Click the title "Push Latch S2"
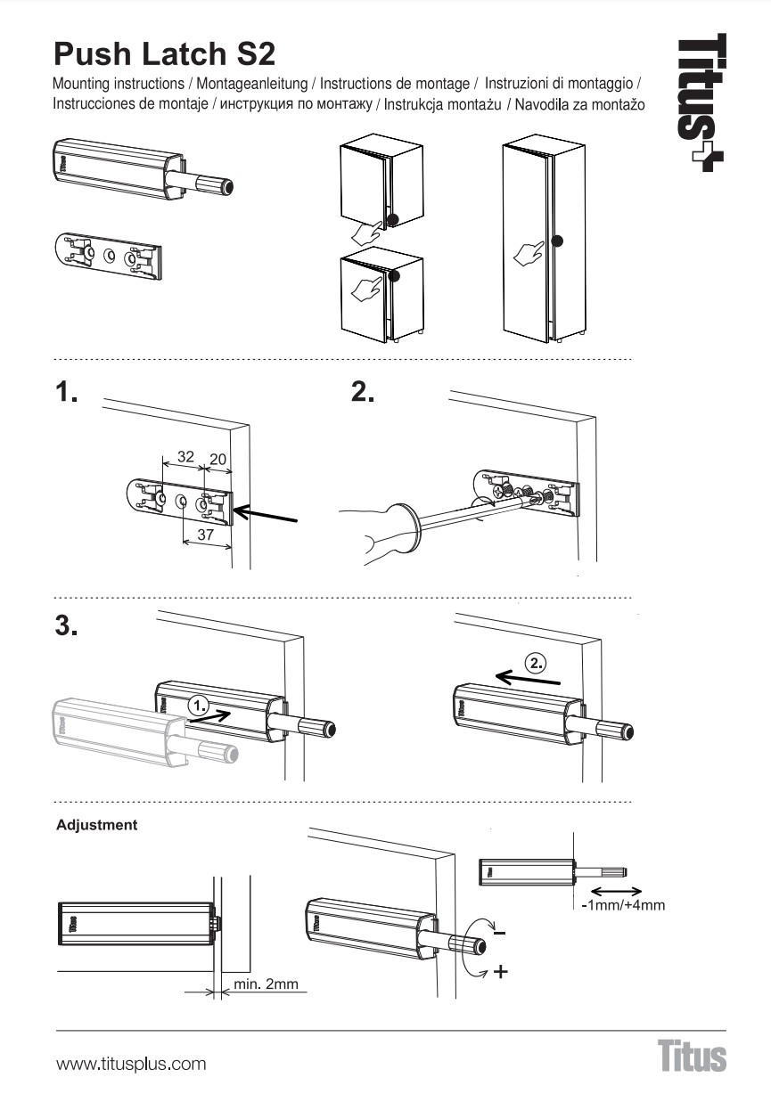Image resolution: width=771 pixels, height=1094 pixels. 165,53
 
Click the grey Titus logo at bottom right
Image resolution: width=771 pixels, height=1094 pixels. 693,1057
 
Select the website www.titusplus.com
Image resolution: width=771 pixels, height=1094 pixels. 131,1064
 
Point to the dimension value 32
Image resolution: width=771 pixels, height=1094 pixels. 185,456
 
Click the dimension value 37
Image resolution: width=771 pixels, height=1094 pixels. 206,535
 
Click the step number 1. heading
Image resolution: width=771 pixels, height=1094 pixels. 67,393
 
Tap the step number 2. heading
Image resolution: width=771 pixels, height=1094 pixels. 364,393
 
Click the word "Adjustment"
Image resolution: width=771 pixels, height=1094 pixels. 97,825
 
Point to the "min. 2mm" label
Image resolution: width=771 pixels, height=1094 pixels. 266,985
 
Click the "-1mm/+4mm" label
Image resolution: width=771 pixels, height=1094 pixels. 623,905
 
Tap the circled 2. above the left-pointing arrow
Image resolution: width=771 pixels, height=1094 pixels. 535,663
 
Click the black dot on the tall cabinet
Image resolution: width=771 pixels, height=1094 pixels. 558,241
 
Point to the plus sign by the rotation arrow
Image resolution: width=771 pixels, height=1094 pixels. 500,971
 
